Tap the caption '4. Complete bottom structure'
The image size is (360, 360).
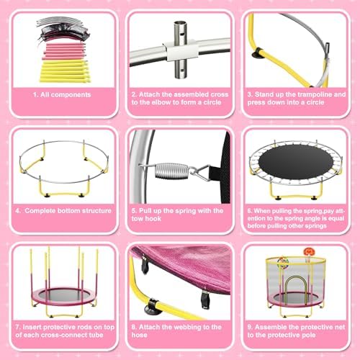click(x=63, y=210)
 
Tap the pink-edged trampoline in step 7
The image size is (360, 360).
click(x=63, y=296)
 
